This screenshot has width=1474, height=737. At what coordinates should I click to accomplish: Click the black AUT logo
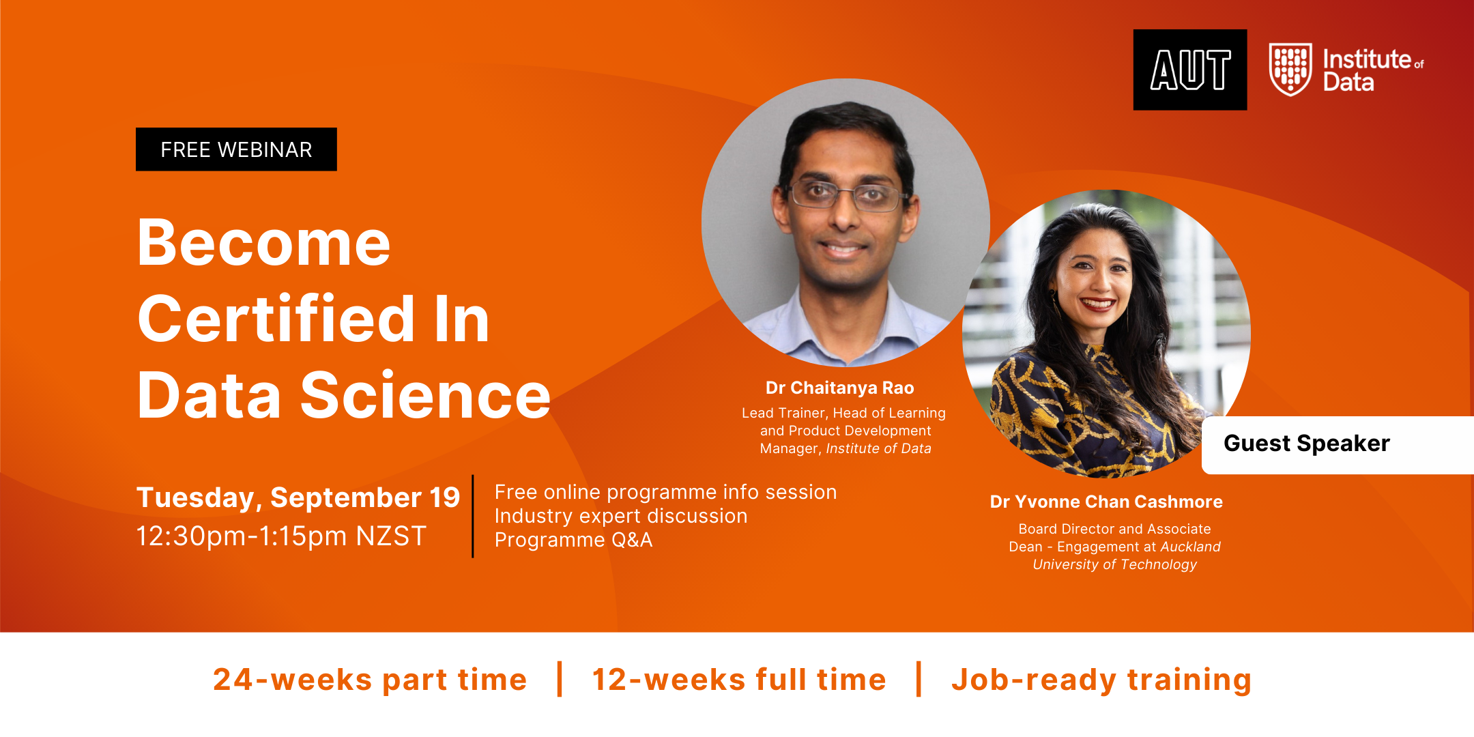click(1190, 70)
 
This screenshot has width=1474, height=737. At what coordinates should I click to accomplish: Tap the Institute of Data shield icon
click(1290, 69)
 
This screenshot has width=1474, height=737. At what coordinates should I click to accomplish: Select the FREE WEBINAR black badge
click(236, 149)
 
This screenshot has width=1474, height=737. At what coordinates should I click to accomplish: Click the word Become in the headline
click(264, 243)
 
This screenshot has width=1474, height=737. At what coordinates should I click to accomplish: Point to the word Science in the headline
click(425, 396)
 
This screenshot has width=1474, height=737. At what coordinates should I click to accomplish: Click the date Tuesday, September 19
click(298, 497)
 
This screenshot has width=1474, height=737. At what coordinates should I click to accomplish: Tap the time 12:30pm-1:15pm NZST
click(281, 536)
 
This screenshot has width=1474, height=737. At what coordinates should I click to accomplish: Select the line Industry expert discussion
click(621, 516)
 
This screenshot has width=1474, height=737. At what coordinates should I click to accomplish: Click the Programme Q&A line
click(573, 540)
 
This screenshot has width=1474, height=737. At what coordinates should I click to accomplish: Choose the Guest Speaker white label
click(1338, 445)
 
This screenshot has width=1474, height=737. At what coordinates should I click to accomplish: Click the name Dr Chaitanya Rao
click(839, 388)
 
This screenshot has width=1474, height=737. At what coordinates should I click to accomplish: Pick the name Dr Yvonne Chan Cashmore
click(1106, 502)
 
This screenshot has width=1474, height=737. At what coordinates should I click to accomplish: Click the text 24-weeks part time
click(370, 680)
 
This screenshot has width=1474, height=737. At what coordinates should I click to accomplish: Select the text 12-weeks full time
click(739, 680)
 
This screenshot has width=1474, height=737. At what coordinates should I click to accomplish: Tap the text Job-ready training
click(1101, 680)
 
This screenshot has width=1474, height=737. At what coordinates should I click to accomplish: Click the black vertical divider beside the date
click(473, 517)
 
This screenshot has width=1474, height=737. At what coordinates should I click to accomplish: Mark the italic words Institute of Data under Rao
click(878, 449)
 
